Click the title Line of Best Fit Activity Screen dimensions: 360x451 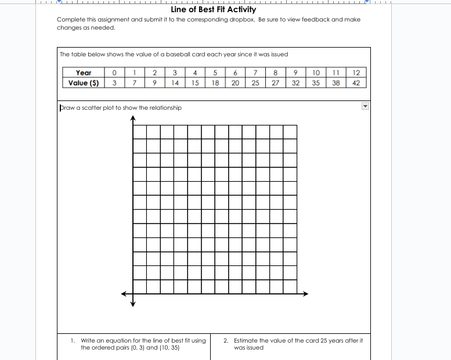pos(214,9)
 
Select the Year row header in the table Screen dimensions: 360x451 pos(83,73)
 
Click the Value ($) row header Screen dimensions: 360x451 pos(83,82)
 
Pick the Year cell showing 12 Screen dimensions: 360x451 pos(356,73)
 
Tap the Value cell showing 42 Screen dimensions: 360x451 pos(356,82)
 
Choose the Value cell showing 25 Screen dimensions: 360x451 pos(255,82)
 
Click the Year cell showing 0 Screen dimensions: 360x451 pos(115,73)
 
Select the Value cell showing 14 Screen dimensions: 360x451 pos(175,82)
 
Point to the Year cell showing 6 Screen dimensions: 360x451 pos(235,73)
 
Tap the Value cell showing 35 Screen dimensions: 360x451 pos(316,82)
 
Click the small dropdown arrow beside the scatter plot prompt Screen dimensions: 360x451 pos(365,107)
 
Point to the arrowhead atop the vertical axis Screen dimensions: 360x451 pos(133,118)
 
